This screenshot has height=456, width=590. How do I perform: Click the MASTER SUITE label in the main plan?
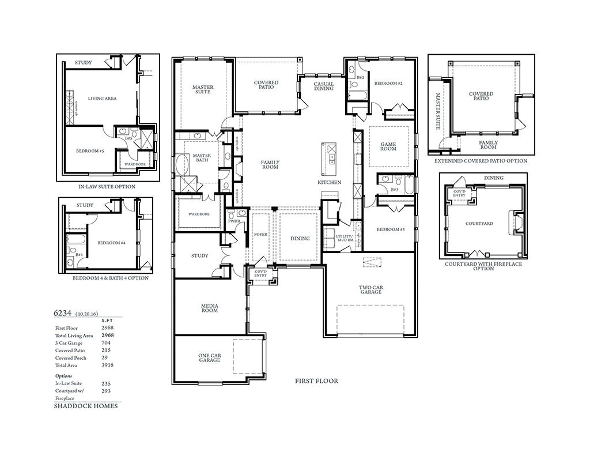tap(203, 89)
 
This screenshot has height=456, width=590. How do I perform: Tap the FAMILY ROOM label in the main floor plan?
tap(270, 164)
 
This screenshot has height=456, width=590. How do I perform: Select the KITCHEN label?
tap(330, 182)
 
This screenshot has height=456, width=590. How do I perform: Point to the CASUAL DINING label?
tap(323, 86)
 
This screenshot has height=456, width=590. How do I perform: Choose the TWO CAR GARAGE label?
tap(370, 289)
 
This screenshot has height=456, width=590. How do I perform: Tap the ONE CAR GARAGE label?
tap(210, 358)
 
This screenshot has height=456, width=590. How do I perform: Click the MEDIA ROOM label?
tap(209, 308)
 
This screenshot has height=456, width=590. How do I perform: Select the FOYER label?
tap(260, 235)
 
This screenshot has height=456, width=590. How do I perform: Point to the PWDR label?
tap(234, 221)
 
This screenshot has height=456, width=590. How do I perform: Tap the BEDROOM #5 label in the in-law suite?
tap(89, 151)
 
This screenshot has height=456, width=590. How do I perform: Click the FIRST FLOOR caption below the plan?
tap(316, 381)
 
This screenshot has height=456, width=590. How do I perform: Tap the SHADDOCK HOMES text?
tap(86, 406)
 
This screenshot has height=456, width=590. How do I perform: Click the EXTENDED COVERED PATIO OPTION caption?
tap(481, 161)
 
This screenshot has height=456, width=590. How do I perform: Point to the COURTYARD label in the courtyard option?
tap(479, 223)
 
